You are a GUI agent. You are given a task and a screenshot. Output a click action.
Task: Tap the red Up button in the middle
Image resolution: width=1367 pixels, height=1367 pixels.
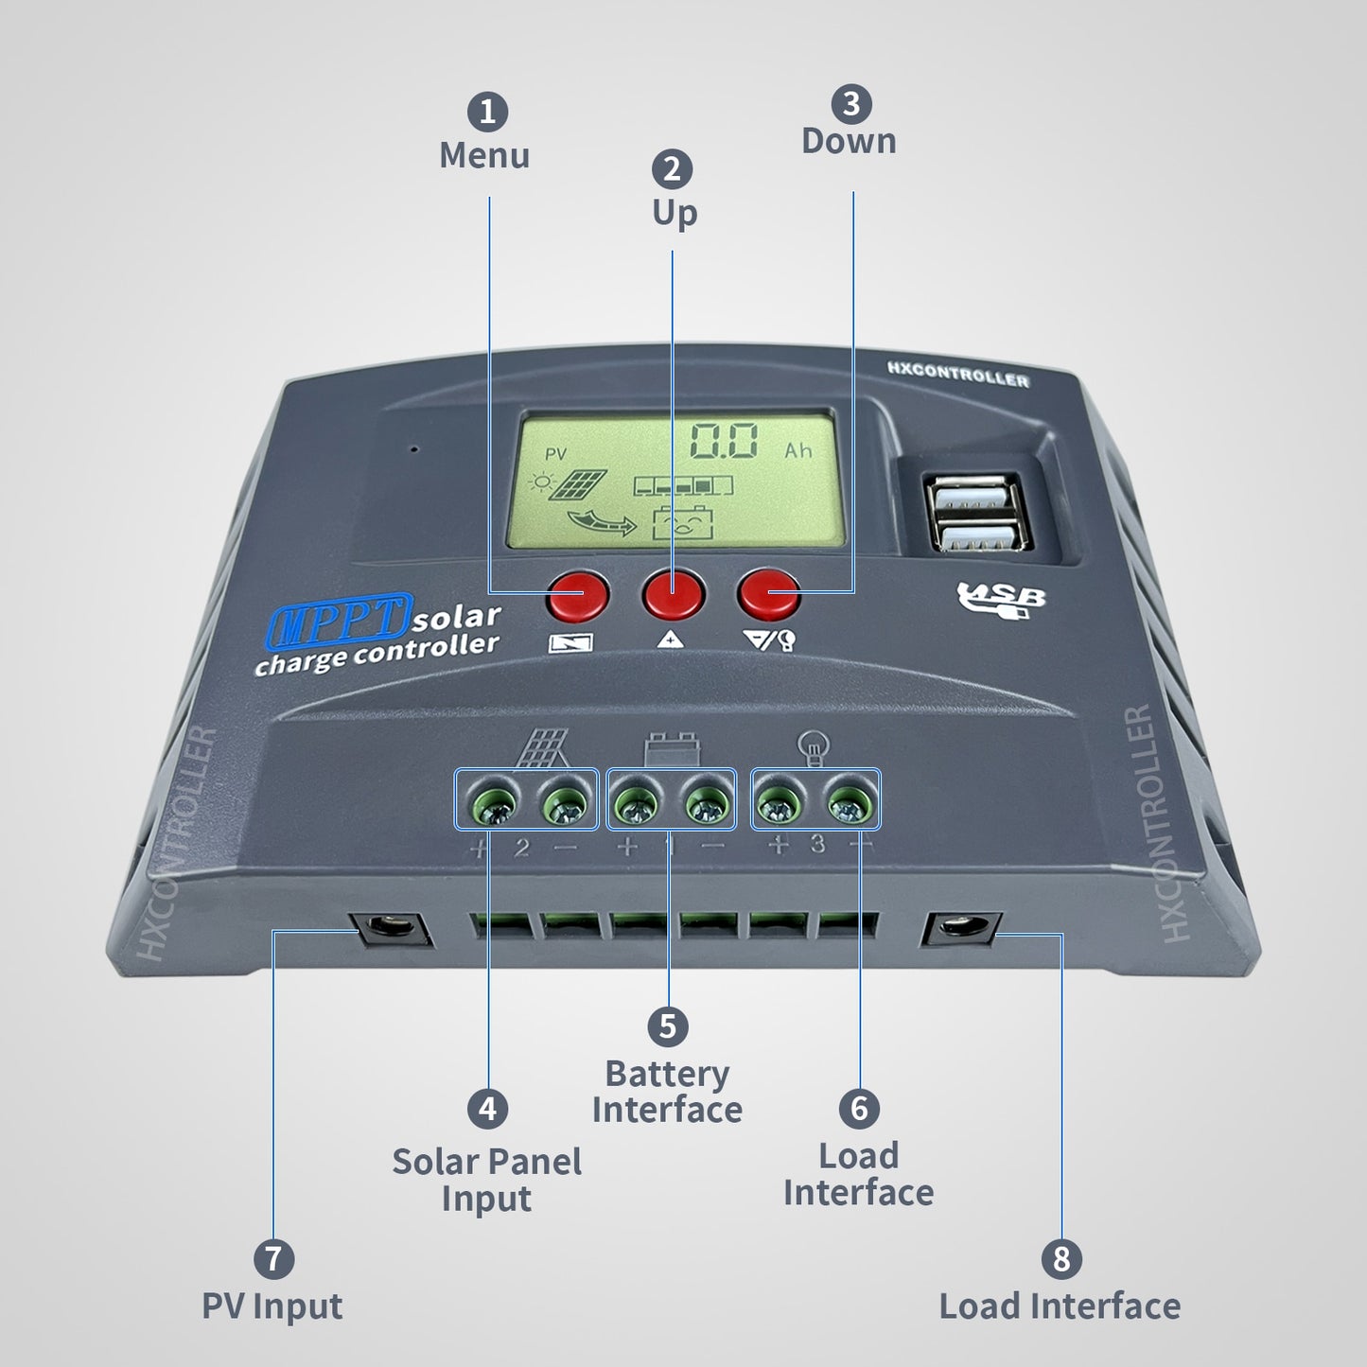673,594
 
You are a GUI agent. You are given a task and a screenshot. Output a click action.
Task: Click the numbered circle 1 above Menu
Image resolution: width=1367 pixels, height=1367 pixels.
487,113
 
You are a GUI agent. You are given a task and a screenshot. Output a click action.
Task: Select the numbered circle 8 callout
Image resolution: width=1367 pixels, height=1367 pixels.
1060,1259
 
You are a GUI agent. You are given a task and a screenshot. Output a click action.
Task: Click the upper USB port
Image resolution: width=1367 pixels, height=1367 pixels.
974,498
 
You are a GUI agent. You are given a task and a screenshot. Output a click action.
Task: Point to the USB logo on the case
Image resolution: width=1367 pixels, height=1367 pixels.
1001,599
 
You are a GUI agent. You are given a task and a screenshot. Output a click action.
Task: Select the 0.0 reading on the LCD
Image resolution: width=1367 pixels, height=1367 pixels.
724,442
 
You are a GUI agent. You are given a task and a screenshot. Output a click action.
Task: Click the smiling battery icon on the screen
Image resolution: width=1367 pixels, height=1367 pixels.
684,523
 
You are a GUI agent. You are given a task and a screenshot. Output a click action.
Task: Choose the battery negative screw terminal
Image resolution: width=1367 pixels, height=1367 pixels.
707,804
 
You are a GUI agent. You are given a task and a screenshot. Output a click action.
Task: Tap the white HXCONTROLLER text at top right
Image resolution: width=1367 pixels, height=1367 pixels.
957,375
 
